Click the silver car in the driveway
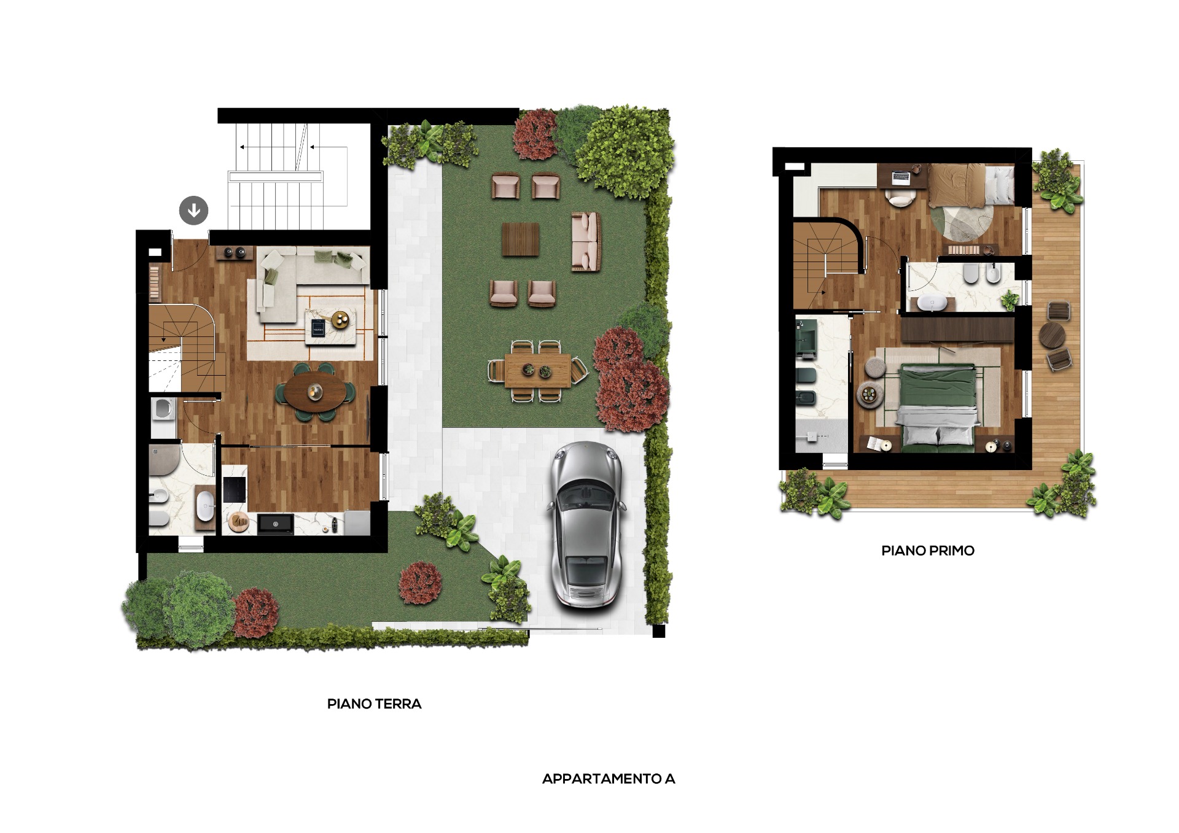586,525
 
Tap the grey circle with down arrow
193,211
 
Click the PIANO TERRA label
374,704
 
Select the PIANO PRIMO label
927,551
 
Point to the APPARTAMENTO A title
609,779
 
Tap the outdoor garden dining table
538,370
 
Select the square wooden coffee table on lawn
521,239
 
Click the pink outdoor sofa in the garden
585,241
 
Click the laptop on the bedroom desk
901,176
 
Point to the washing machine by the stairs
163,409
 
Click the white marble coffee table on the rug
331,327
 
